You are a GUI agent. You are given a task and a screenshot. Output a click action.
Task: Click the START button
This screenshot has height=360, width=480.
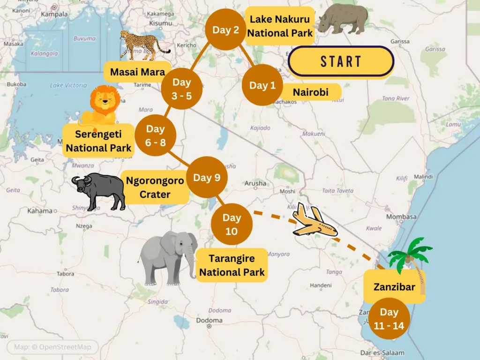[x=341, y=61]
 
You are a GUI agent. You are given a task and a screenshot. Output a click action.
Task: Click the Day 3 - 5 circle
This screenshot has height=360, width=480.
[x=182, y=89]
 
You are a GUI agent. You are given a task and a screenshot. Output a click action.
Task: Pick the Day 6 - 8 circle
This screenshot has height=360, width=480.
[x=155, y=135]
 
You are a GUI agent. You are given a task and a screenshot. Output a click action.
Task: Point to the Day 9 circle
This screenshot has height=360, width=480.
[x=207, y=178]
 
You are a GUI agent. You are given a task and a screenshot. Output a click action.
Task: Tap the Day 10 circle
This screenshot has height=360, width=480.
[x=232, y=224]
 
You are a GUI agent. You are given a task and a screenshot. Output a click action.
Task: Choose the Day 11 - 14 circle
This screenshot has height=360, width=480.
[x=389, y=318]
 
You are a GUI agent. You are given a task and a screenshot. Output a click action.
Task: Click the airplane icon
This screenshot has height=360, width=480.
[x=315, y=222]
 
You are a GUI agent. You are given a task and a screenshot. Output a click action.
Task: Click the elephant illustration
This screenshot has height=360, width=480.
[x=169, y=257]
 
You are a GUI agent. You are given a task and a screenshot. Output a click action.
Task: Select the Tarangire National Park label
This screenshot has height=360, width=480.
[x=232, y=265]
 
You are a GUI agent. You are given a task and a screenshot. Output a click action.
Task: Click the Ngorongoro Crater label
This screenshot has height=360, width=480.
[x=155, y=187]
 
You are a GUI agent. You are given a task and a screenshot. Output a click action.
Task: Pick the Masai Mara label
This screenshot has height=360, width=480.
[x=137, y=72]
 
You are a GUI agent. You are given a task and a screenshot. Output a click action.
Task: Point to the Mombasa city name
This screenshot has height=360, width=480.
[x=401, y=217]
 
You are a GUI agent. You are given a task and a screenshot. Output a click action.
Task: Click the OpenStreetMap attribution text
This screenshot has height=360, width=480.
[x=52, y=347]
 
